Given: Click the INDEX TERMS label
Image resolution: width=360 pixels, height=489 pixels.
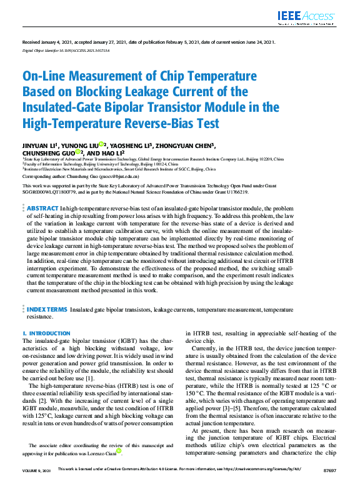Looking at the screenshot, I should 46,310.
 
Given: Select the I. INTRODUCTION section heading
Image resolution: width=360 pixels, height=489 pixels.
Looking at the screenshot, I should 47,334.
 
